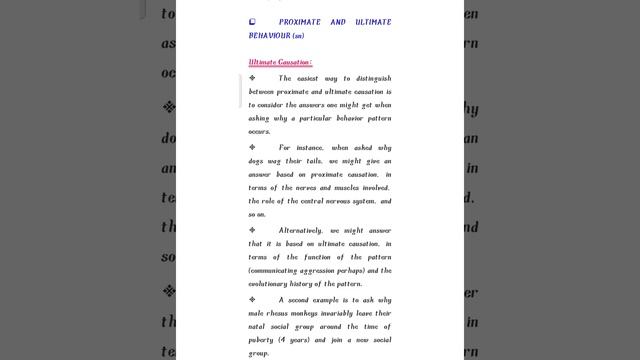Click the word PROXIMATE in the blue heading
coord(301,22)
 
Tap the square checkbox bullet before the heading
coord(253,21)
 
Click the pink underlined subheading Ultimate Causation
coord(280,62)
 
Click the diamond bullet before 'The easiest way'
coord(253,78)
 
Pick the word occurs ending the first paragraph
coord(259,131)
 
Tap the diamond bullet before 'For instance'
coord(253,147)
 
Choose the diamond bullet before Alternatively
coord(253,229)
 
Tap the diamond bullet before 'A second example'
coord(253,299)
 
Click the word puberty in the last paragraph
coord(264,340)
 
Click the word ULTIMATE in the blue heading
coord(370,22)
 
